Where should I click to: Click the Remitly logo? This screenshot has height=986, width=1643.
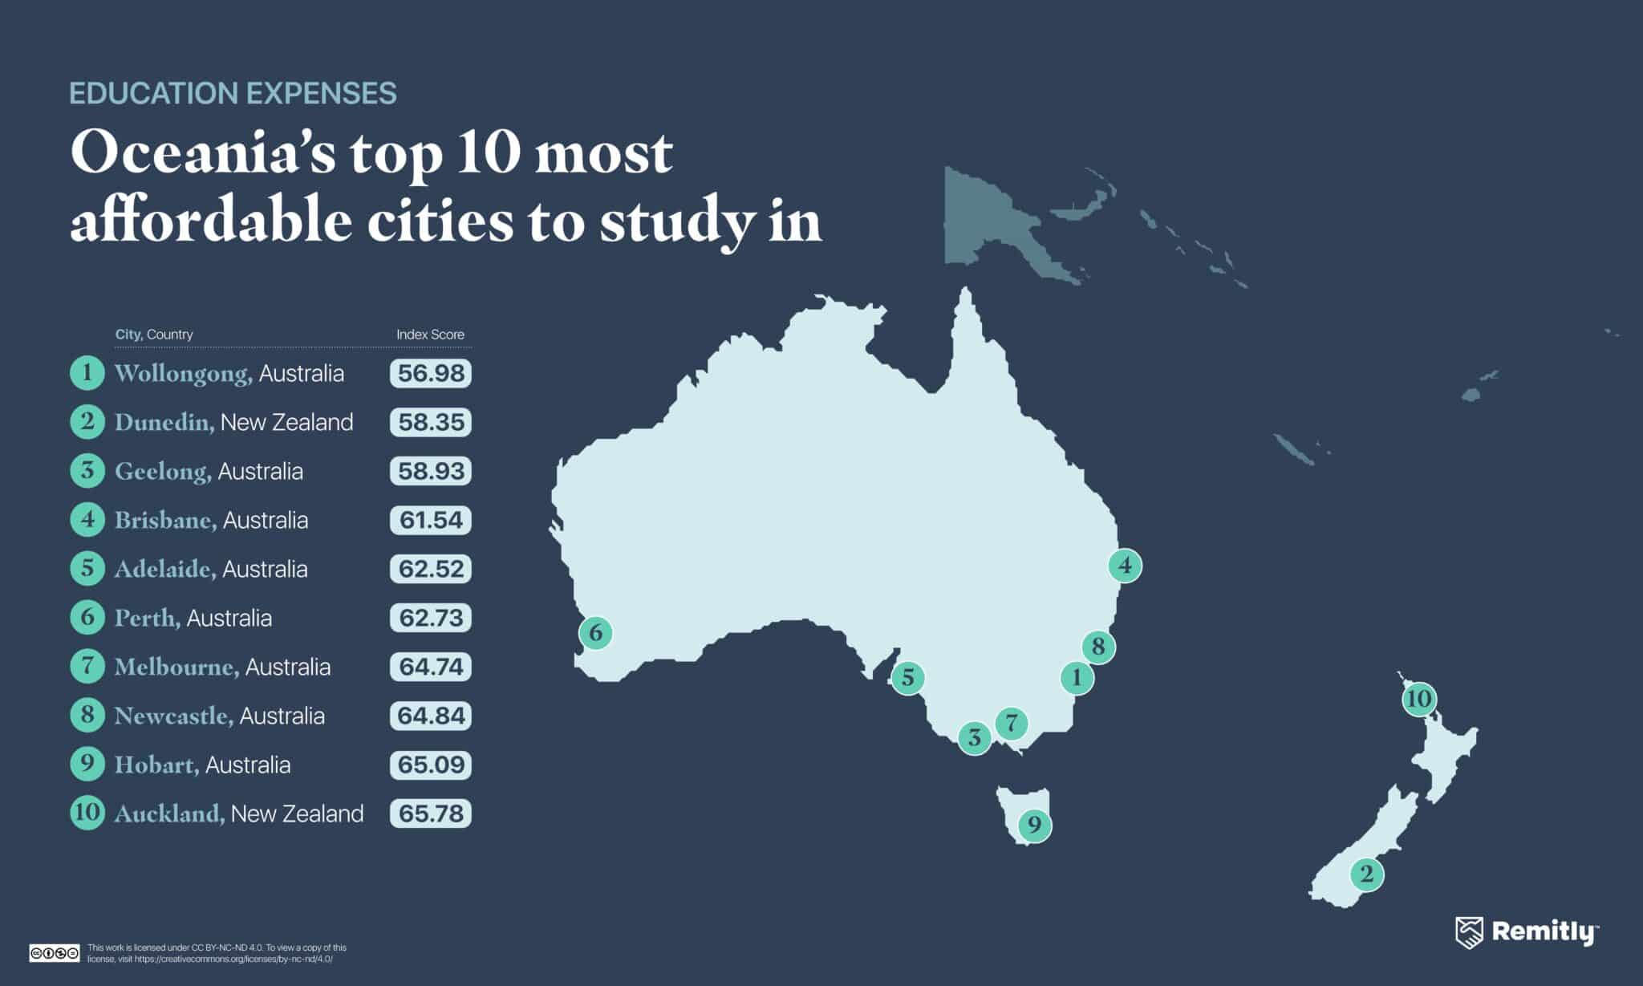point(1527,932)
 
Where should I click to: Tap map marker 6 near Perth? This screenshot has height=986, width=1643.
point(595,633)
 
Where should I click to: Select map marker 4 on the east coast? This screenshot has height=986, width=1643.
point(1125,566)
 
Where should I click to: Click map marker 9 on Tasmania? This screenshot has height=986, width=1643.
point(1034,825)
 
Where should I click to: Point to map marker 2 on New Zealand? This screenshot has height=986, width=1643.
point(1367,874)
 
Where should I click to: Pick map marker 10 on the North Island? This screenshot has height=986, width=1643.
point(1418,699)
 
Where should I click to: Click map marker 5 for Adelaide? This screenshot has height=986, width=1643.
point(907,678)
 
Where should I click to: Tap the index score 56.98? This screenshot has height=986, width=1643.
point(431,374)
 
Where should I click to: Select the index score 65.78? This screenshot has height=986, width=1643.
point(431,814)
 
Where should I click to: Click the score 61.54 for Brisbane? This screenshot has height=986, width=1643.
point(431,520)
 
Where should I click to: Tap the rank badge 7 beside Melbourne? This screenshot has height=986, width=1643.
point(87,667)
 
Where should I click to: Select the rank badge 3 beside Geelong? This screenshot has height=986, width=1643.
point(87,471)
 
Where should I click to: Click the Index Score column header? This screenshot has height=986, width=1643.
point(430,335)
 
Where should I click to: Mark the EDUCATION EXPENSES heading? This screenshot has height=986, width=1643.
point(233,94)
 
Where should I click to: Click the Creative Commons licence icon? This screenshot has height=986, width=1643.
point(55,953)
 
